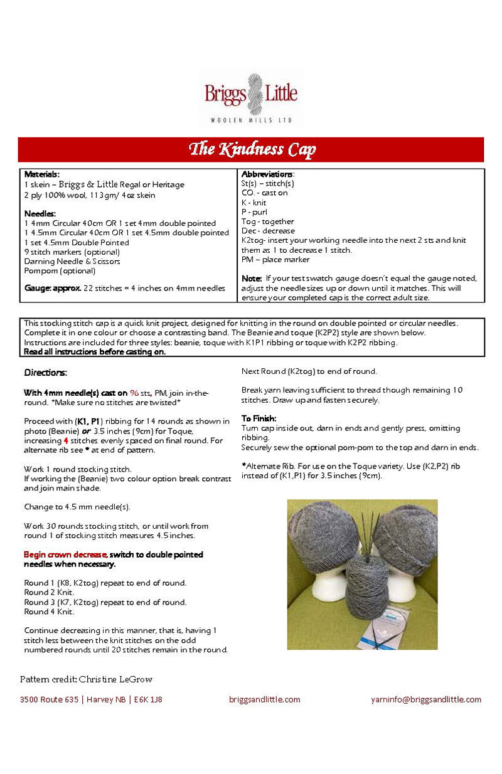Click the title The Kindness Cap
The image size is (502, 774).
pyautogui.click(x=252, y=149)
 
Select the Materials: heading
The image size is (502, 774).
pyautogui.click(x=41, y=174)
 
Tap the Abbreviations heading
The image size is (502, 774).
pyautogui.click(x=267, y=174)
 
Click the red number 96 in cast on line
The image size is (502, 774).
pyautogui.click(x=134, y=392)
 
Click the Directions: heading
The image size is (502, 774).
pyautogui.click(x=45, y=373)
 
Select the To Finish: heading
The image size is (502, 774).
pyautogui.click(x=259, y=418)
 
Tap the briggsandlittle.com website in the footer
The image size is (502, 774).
pyautogui.click(x=265, y=699)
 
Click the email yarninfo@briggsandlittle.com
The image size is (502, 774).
pyautogui.click(x=426, y=699)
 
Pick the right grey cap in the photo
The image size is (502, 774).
pyautogui.click(x=409, y=533)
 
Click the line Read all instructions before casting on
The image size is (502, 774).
pyautogui.click(x=94, y=352)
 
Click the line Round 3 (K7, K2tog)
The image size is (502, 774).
pyautogui.click(x=105, y=602)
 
